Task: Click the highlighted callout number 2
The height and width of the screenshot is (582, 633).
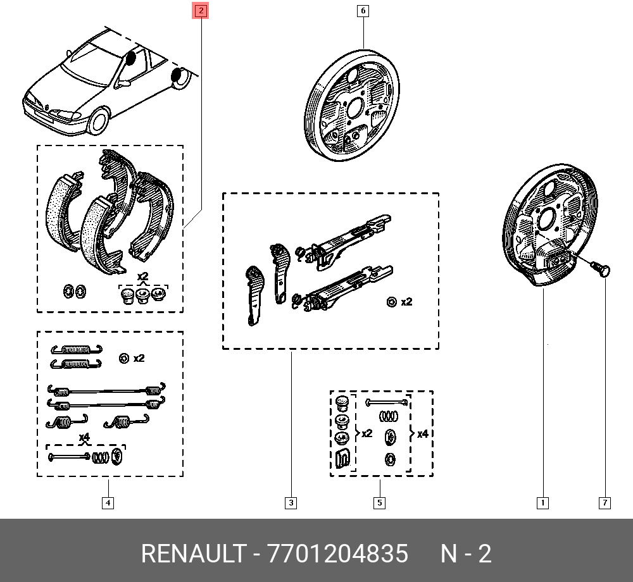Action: [x=201, y=11]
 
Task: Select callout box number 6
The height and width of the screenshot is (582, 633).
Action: [x=363, y=11]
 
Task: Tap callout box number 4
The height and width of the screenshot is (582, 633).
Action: [x=108, y=503]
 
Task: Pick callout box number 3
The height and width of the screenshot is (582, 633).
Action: [x=291, y=503]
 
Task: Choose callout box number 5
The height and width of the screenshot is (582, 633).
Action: [x=379, y=503]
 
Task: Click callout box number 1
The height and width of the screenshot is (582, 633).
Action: [x=543, y=503]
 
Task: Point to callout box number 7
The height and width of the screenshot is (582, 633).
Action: [x=605, y=503]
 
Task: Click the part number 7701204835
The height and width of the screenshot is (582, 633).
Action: [x=337, y=554]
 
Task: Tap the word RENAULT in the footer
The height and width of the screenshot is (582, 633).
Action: [x=193, y=554]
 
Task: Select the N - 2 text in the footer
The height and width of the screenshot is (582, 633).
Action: [x=466, y=554]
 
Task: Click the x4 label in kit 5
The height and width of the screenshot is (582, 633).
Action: [x=422, y=434]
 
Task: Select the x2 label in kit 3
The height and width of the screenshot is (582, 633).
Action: [x=406, y=302]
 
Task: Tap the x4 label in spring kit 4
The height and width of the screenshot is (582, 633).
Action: [x=84, y=437]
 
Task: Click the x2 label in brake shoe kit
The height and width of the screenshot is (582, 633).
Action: [x=143, y=276]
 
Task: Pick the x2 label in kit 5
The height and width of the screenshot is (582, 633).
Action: [x=367, y=433]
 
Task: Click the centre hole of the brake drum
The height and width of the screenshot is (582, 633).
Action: [x=354, y=108]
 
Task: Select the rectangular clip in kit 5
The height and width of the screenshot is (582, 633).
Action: [x=342, y=458]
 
